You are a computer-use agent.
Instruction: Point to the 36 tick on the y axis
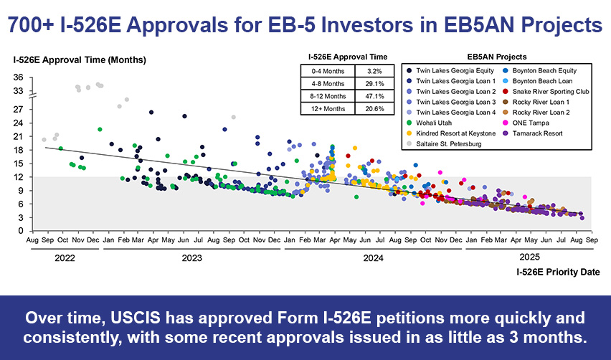19,78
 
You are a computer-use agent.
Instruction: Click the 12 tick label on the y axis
19,177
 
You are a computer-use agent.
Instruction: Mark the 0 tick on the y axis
21,231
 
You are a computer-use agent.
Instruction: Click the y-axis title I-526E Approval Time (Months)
80,59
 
